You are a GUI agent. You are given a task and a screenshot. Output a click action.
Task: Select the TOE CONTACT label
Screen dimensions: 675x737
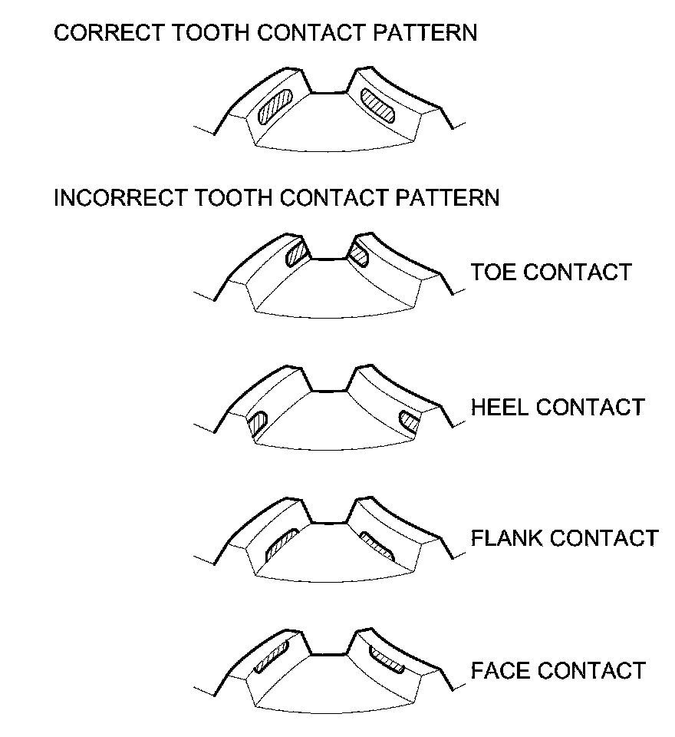551,273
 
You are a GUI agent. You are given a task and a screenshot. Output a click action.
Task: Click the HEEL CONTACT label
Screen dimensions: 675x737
558,407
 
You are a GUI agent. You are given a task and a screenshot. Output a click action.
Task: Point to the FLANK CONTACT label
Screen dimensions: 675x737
565,537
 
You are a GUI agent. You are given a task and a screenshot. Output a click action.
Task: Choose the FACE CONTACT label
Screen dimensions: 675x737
558,670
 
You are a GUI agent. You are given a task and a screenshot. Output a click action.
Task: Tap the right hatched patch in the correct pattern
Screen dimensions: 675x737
377,104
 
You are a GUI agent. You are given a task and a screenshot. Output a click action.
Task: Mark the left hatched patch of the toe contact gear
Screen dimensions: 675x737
295,253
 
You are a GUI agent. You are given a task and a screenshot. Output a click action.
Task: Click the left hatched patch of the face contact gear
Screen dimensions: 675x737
274,657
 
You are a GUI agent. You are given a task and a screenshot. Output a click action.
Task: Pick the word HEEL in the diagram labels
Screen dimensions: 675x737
499,407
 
